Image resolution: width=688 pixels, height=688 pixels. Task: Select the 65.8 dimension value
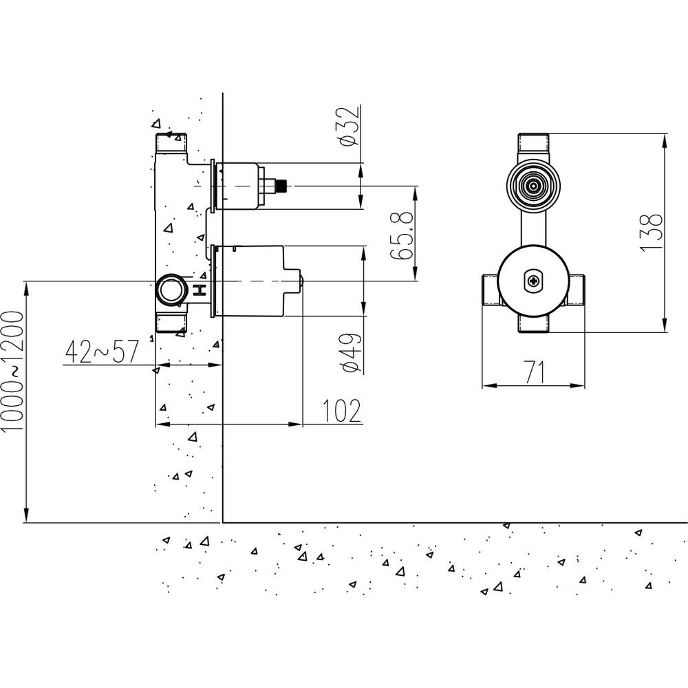[402, 235]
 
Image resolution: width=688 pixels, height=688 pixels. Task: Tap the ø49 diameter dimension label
[352, 353]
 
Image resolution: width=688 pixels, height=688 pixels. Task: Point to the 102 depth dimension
[342, 411]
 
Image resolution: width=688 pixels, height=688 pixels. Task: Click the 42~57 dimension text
[102, 352]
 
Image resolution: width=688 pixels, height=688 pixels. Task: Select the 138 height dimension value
[651, 233]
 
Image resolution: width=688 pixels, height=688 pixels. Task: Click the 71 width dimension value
[535, 372]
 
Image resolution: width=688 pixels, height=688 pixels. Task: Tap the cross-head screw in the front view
[534, 281]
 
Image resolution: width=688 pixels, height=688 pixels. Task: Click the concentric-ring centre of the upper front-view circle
[534, 186]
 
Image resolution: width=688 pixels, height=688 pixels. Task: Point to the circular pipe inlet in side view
[171, 290]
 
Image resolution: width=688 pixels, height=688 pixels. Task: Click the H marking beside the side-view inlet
[200, 290]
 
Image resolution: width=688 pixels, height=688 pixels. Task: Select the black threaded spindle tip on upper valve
[281, 186]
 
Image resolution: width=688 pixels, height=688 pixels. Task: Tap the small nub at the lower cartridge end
[301, 281]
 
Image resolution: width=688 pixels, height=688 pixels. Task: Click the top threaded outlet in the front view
[534, 143]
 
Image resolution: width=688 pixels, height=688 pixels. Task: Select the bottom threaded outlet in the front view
[534, 325]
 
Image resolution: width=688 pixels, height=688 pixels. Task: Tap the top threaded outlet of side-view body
[171, 142]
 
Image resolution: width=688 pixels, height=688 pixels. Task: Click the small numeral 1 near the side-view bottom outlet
[151, 338]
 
